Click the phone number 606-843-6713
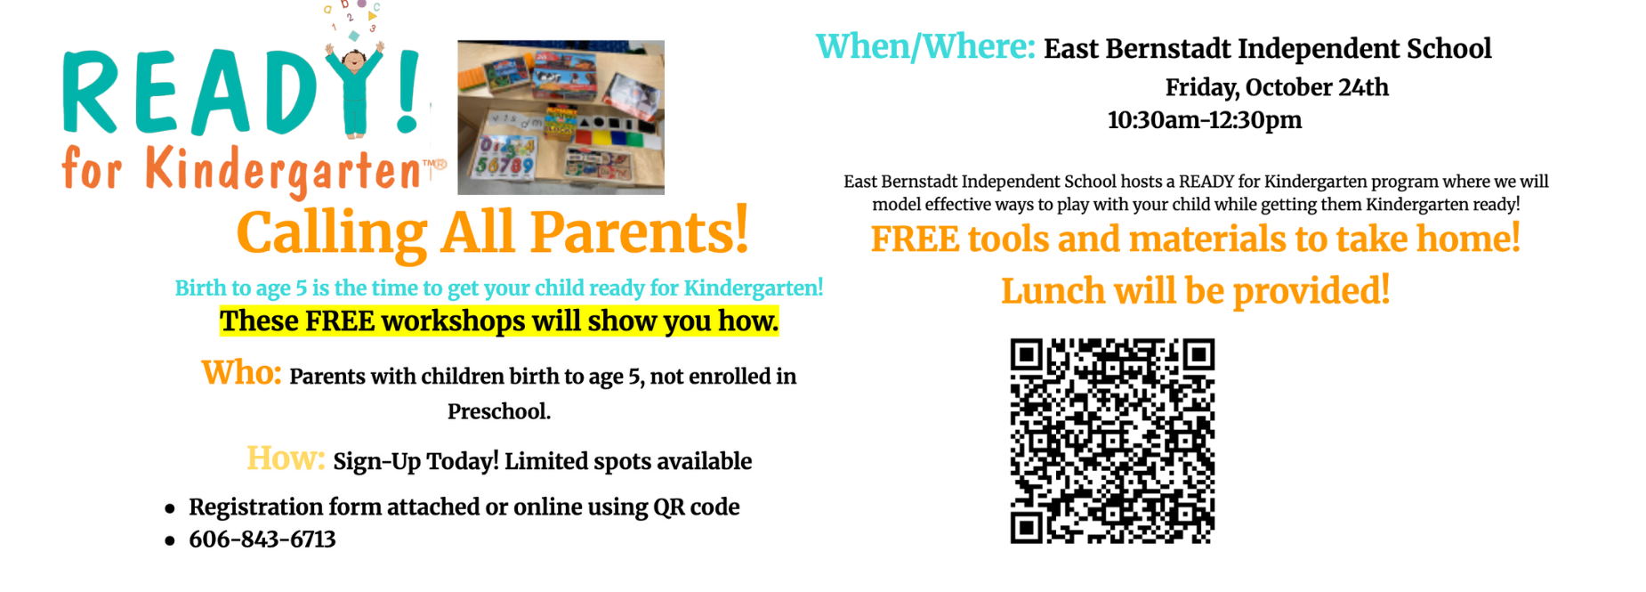pos(262,539)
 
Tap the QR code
pos(1112,441)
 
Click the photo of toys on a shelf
pos(561,117)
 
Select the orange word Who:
pos(241,372)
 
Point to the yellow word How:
pos(286,458)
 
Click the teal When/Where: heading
pos(925,46)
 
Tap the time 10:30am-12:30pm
pos(1205,119)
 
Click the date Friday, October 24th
pos(1277,87)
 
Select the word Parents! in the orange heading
pos(640,232)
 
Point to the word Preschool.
pos(499,411)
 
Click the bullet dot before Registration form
pos(170,509)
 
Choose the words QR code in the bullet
pos(697,507)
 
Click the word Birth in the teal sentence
pos(200,288)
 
